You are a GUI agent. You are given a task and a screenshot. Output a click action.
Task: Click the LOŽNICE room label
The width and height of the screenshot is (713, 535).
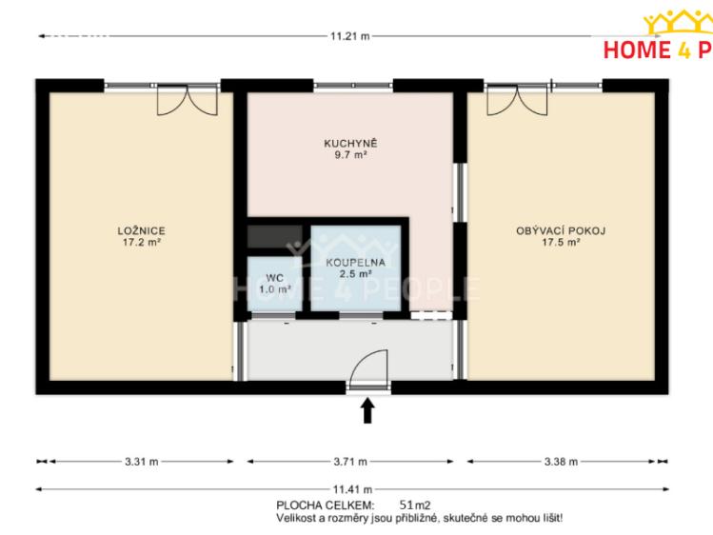click(x=141, y=230)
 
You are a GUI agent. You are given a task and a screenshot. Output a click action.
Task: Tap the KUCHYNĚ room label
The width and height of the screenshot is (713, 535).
click(x=350, y=143)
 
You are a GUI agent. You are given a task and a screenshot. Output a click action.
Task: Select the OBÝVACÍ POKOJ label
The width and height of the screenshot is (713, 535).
click(x=561, y=230)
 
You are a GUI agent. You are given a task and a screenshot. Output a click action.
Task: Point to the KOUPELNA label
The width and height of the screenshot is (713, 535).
click(x=356, y=263)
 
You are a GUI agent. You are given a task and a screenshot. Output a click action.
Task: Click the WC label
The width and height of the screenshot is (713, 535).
click(x=275, y=278)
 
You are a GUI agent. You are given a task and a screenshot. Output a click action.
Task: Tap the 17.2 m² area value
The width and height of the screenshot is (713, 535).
click(x=142, y=242)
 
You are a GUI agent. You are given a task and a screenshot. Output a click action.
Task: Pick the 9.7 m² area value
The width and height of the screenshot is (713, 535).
click(x=350, y=154)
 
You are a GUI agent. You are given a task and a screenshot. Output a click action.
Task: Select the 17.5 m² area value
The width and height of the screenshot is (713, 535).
click(x=561, y=242)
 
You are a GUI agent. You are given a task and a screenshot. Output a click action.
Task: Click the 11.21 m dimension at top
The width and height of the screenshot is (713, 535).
click(x=350, y=36)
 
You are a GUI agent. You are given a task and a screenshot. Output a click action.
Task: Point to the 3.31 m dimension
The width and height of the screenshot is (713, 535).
click(x=142, y=462)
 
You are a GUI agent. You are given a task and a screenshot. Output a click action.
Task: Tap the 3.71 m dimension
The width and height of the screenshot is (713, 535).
click(x=350, y=462)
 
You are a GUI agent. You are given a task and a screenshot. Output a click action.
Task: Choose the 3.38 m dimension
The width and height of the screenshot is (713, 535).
click(x=561, y=462)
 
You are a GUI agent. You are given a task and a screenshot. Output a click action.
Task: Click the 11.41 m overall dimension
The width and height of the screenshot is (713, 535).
click(x=352, y=489)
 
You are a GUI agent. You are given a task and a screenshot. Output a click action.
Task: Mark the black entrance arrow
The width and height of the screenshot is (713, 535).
click(x=367, y=410)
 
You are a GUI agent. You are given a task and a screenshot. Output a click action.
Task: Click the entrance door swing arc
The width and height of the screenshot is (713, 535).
click(x=366, y=358)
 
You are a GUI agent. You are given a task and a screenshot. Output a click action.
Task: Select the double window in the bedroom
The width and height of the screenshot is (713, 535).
click(x=188, y=100)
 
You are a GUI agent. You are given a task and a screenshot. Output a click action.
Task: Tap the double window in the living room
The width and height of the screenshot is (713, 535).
click(x=517, y=100)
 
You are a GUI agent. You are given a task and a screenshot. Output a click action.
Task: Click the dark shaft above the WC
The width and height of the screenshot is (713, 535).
click(x=275, y=237)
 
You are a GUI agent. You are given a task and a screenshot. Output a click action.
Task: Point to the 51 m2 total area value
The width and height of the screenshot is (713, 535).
click(x=415, y=505)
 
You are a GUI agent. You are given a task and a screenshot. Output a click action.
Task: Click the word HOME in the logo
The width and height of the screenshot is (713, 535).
click(x=637, y=50)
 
